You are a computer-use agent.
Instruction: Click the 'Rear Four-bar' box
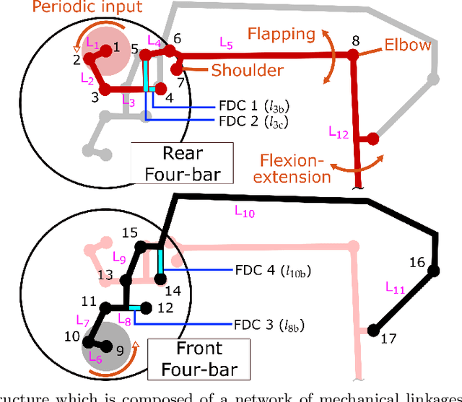(x=183, y=164)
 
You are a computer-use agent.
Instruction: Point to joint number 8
(x=354, y=41)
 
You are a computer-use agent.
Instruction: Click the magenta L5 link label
(x=226, y=44)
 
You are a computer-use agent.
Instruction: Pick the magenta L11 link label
(x=395, y=289)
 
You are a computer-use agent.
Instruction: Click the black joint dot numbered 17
(x=373, y=331)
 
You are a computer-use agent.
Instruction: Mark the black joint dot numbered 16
(x=434, y=271)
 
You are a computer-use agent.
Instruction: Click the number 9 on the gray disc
(x=120, y=351)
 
